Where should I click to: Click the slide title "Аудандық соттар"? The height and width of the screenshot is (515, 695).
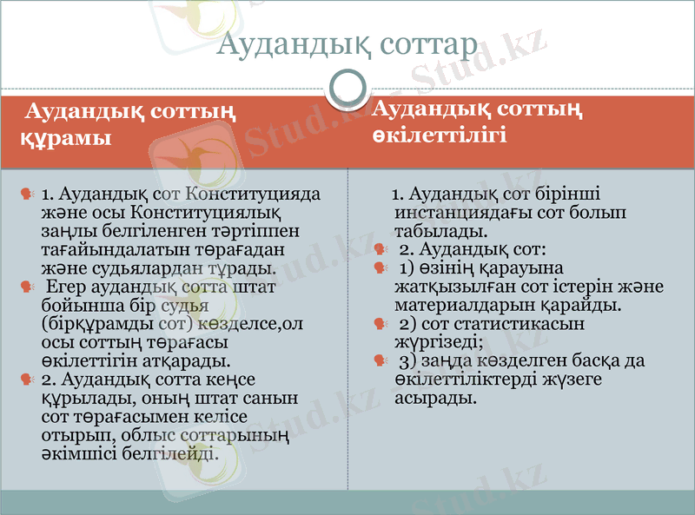[x=347, y=43]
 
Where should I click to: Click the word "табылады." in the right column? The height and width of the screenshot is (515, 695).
[x=434, y=231]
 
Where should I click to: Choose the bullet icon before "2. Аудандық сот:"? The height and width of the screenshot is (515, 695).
[x=379, y=249]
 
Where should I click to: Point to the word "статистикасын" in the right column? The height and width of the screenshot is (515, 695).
[x=526, y=323]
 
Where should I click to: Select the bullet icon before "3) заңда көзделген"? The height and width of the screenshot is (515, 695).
[x=379, y=360]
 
